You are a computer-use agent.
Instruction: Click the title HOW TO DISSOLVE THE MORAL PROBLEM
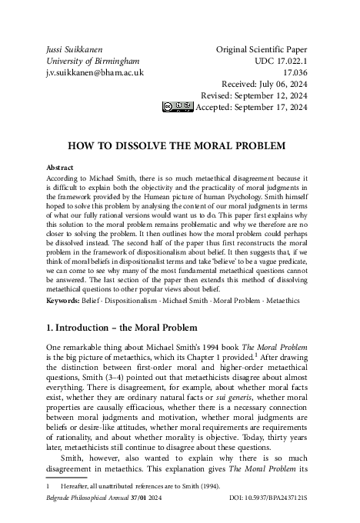(x=178, y=145)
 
